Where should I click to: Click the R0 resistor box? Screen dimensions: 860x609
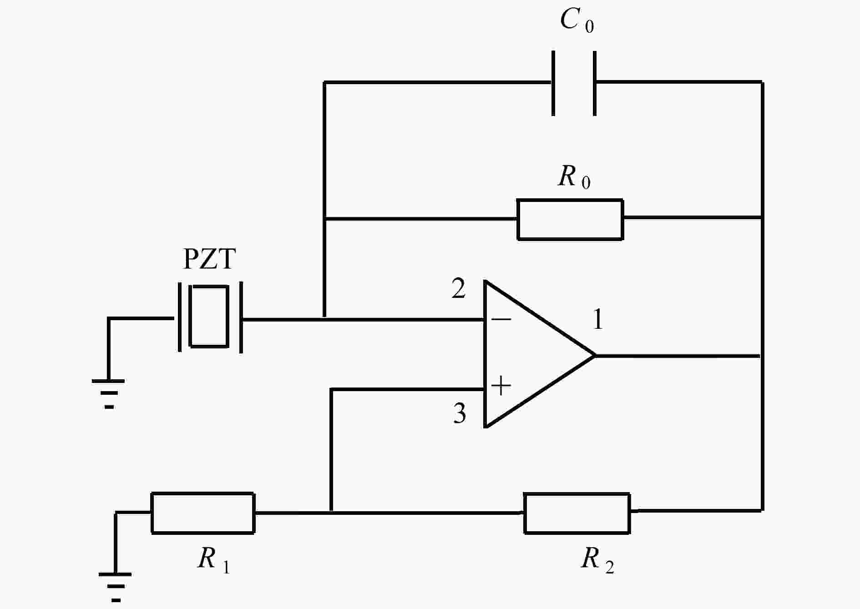[570, 219]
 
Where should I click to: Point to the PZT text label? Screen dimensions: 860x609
[209, 259]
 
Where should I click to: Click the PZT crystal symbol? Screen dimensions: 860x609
[210, 317]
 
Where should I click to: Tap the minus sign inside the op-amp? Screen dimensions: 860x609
[501, 319]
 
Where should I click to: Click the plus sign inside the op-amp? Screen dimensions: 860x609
[501, 386]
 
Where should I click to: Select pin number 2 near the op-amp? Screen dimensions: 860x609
[459, 288]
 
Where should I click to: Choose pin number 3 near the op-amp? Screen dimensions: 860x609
[460, 413]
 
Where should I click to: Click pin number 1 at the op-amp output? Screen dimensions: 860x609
[598, 319]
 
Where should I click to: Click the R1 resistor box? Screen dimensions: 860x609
[203, 513]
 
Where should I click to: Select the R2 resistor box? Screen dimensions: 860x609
[577, 513]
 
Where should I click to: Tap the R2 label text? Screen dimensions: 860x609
[597, 559]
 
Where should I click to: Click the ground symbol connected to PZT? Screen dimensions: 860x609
[108, 394]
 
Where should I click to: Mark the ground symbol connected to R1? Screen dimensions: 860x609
[115, 588]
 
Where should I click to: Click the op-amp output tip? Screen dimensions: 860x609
[595, 355]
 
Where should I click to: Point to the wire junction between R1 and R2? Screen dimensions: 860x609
[332, 512]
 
